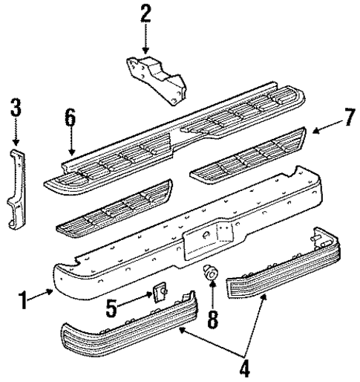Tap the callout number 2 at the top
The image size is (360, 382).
tap(145, 13)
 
